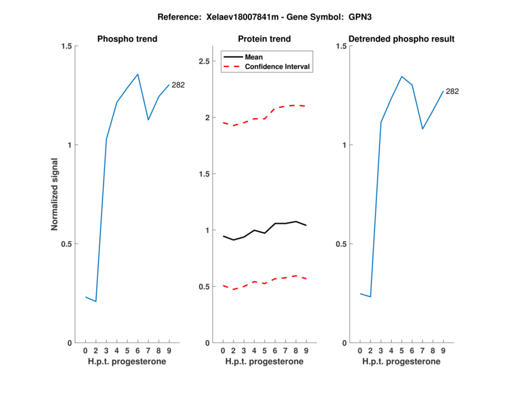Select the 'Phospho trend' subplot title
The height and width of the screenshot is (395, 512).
[127, 39]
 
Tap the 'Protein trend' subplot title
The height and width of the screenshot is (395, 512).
[264, 39]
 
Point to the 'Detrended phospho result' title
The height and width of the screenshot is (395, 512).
[401, 39]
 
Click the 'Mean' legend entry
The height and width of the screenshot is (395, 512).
[253, 57]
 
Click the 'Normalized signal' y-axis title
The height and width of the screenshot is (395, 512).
[54, 194]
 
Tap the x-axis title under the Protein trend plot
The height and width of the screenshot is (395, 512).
[264, 362]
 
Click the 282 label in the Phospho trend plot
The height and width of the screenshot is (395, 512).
[178, 85]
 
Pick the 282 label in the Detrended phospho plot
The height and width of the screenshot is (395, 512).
[452, 91]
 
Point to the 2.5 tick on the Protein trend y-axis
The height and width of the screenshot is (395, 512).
[205, 61]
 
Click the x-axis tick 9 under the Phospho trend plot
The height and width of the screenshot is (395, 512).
[169, 350]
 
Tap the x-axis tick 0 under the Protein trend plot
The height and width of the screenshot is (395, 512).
[223, 350]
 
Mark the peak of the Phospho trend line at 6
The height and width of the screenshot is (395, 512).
[138, 74]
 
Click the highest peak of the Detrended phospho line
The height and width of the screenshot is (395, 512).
[401, 77]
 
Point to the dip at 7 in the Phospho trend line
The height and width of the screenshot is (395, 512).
[148, 120]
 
